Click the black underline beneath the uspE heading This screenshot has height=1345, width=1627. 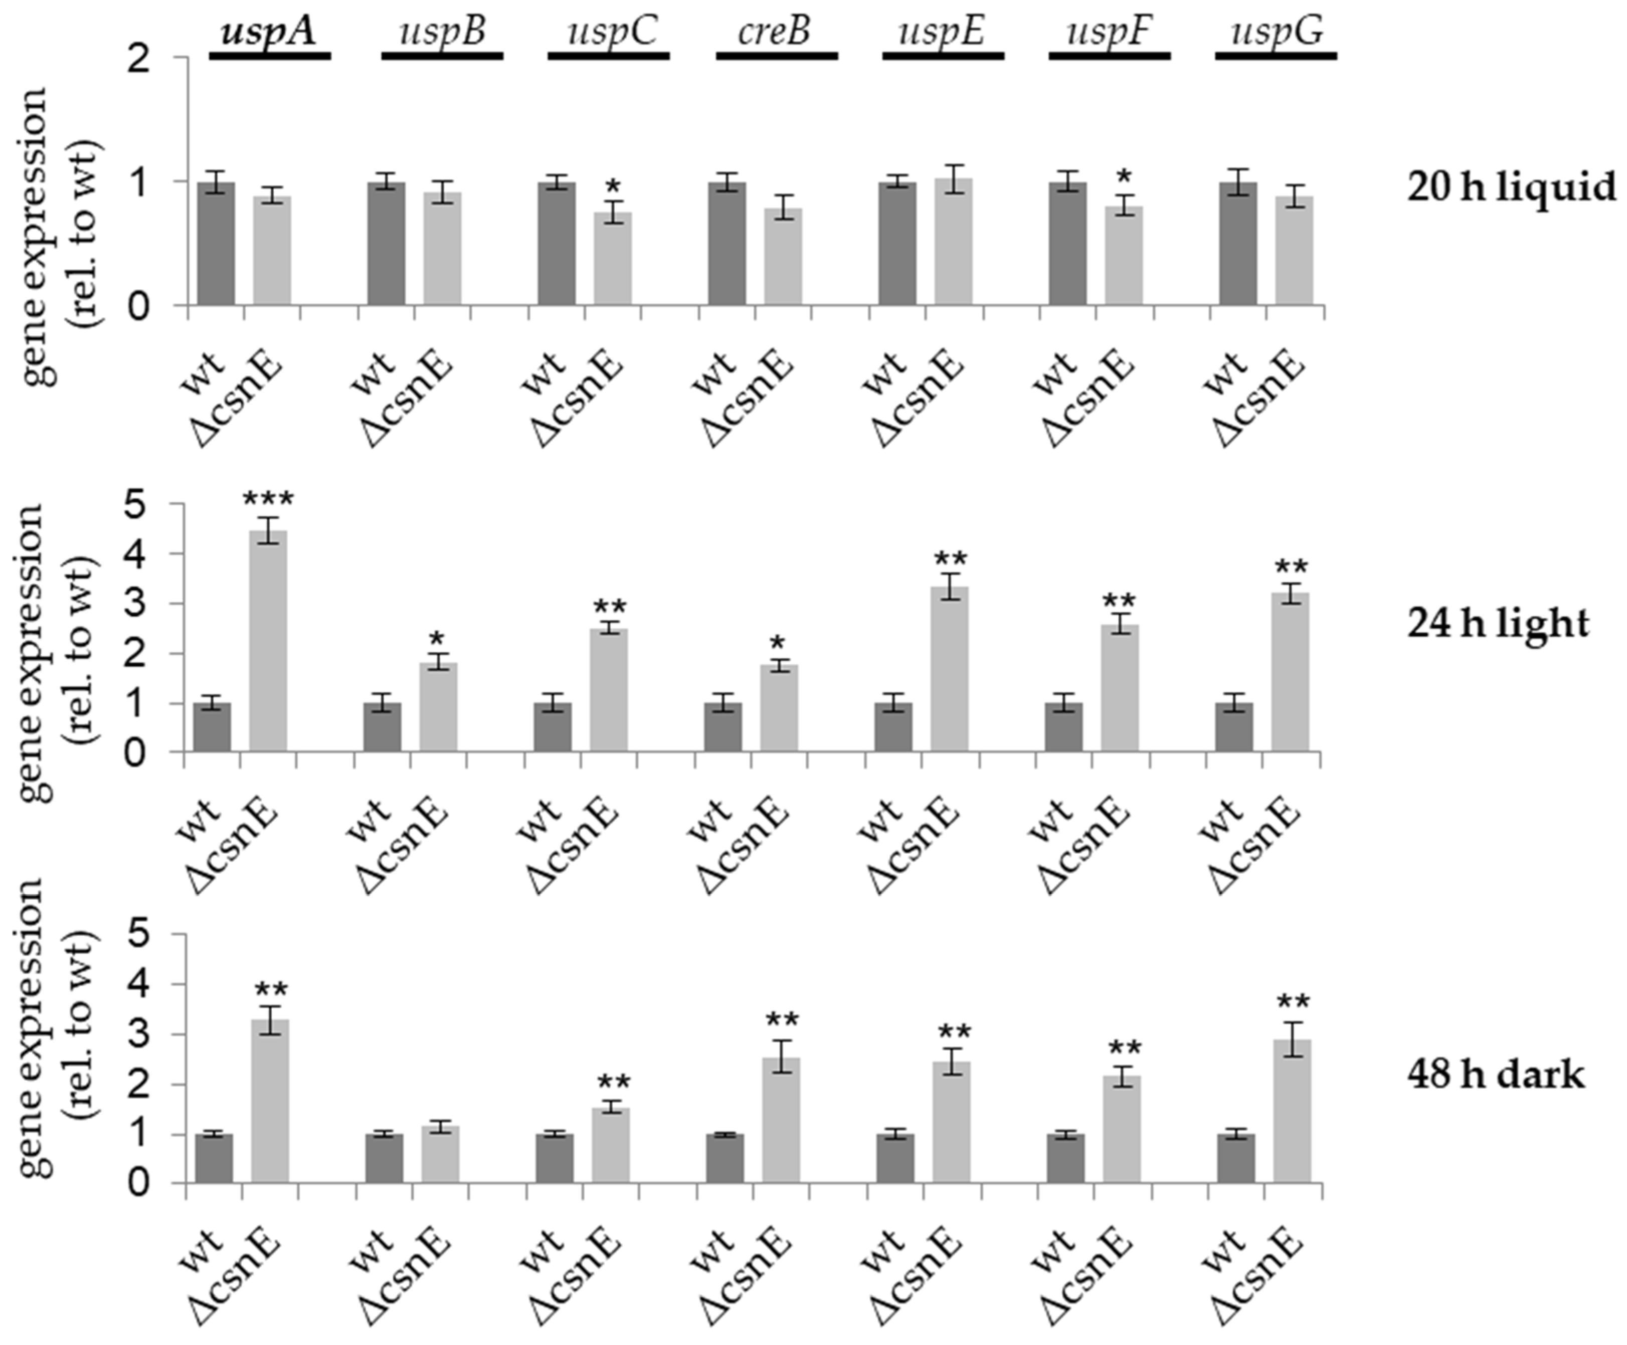coord(943,56)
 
